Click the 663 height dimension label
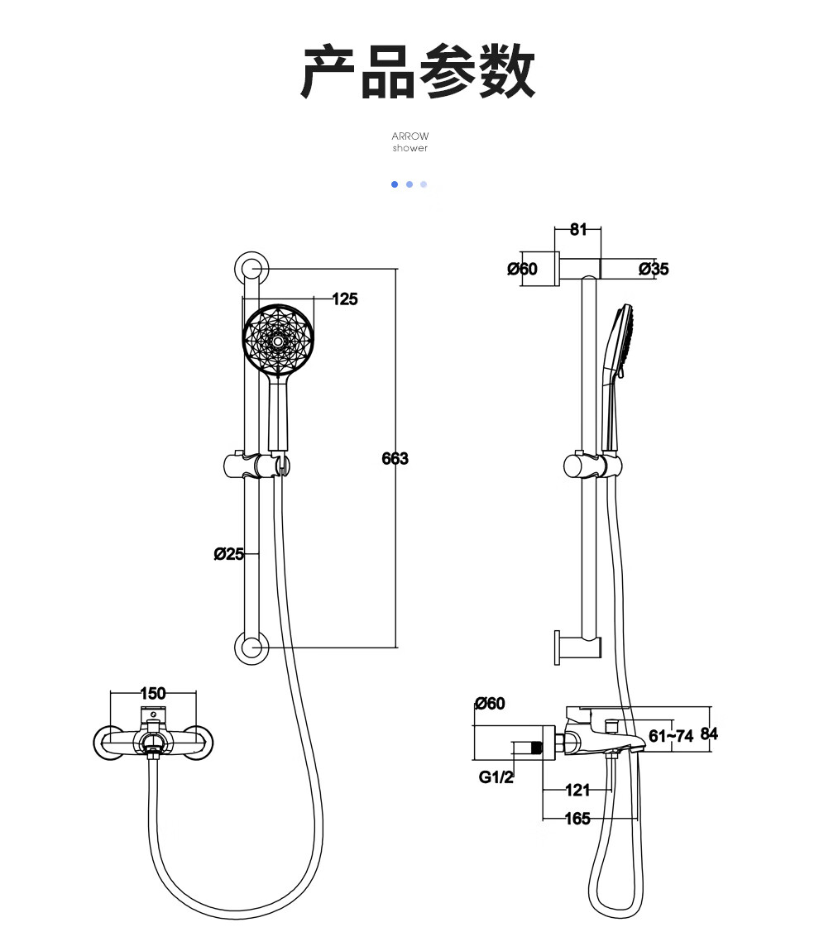(x=395, y=458)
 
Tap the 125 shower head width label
(x=345, y=299)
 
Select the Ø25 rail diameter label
(x=228, y=554)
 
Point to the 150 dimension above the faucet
(x=153, y=693)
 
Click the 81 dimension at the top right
(x=579, y=229)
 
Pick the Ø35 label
(x=654, y=269)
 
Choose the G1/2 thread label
(x=496, y=777)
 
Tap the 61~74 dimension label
(x=670, y=736)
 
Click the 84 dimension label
(x=709, y=734)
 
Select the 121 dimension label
(x=577, y=791)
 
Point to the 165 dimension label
(x=577, y=819)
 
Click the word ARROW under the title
(x=410, y=136)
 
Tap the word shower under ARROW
(x=410, y=148)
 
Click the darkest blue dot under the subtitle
(x=395, y=184)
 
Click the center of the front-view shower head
(x=279, y=341)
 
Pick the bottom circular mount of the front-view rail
(x=251, y=648)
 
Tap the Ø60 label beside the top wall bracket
(x=522, y=269)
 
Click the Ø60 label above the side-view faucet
(x=491, y=704)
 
